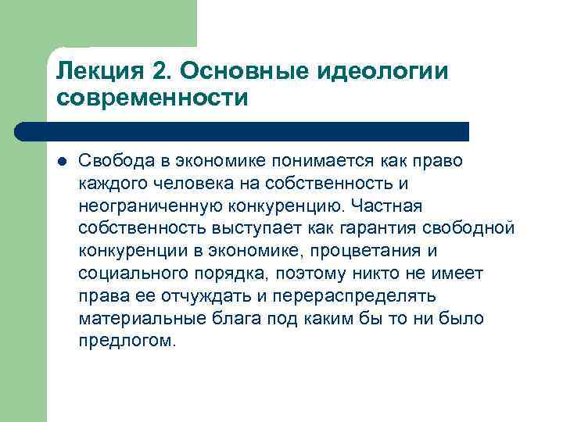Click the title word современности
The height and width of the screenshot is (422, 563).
pos(152,99)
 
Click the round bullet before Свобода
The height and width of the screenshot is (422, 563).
pos(63,162)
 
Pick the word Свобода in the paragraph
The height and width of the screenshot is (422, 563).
pos(110,161)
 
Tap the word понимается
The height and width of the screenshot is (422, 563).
pos(315,161)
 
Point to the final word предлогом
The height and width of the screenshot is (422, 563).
pos(128,342)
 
